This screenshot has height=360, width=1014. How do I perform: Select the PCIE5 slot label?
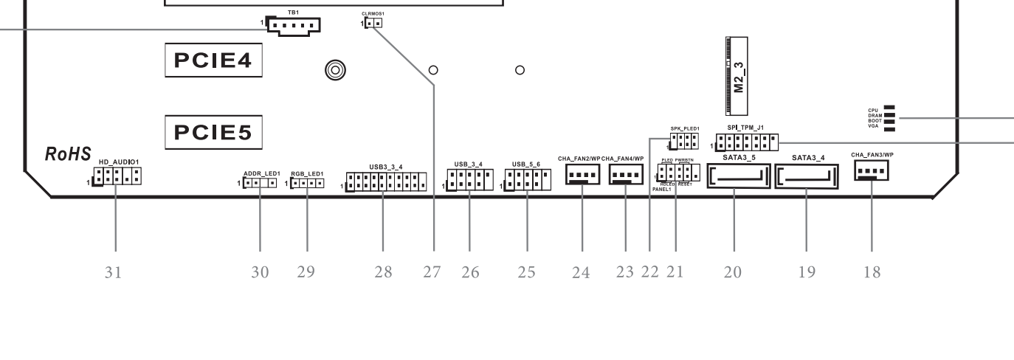tap(213, 133)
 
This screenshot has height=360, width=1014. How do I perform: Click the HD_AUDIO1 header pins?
tap(118, 176)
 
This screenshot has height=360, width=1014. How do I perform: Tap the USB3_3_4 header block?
tap(386, 182)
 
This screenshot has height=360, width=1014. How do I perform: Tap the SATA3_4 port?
tap(807, 177)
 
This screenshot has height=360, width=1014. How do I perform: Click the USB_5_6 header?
tap(528, 179)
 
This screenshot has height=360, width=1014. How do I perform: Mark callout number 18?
tap(872, 272)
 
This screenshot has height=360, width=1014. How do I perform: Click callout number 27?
tap(432, 272)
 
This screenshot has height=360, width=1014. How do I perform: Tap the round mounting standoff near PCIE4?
tap(335, 70)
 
